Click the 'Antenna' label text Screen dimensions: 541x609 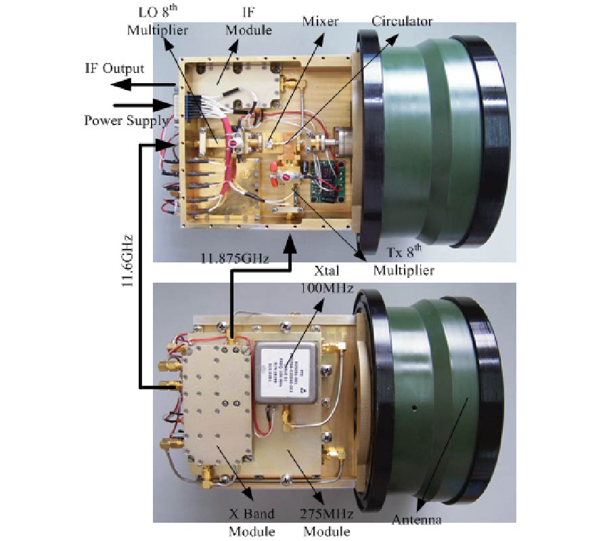tap(415, 520)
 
